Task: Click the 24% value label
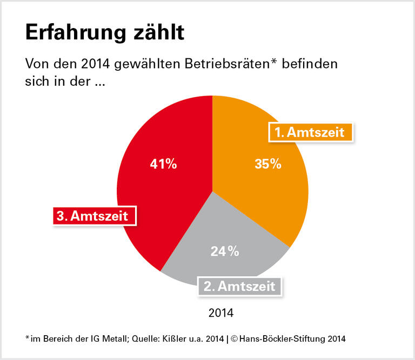point(225,251)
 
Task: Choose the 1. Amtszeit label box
point(311,132)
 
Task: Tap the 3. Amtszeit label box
point(93,216)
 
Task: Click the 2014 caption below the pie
point(220,313)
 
